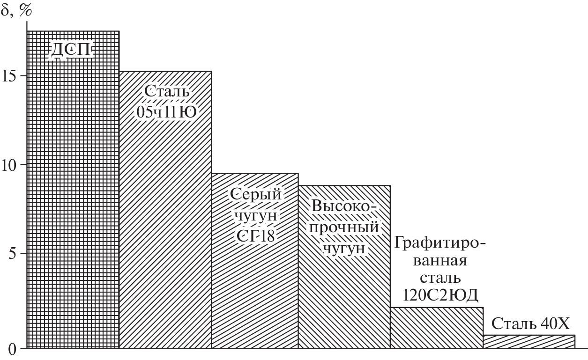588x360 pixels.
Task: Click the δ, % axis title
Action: (x=16, y=10)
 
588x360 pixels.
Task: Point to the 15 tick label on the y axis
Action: (x=10, y=76)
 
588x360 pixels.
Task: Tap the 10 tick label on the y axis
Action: (x=10, y=165)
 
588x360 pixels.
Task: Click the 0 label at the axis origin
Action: (x=12, y=349)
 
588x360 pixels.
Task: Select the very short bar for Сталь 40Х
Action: (x=529, y=342)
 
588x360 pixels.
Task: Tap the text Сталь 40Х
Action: (x=530, y=323)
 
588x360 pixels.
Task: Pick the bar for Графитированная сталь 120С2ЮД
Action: (x=437, y=328)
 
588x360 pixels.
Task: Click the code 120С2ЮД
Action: (x=440, y=295)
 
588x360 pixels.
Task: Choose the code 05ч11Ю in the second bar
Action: (x=166, y=112)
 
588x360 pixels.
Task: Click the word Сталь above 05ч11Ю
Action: (x=167, y=91)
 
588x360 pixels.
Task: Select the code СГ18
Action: (x=255, y=236)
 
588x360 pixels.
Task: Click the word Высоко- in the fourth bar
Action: (x=344, y=206)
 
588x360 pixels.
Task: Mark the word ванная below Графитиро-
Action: (x=440, y=261)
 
